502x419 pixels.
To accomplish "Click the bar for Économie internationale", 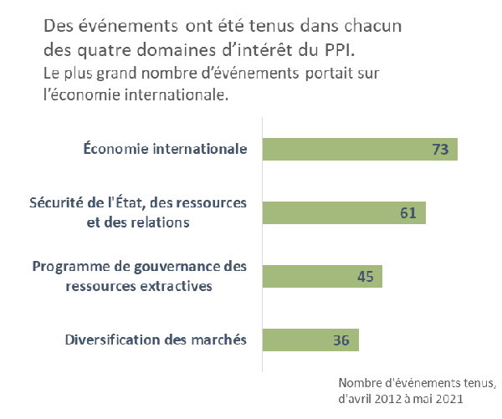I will click(360, 150).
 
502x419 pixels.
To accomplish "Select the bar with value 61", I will click(344, 213).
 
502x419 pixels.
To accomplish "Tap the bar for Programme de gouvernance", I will click(322, 277).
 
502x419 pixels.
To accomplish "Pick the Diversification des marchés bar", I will click(310, 340).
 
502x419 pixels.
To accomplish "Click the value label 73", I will click(441, 150).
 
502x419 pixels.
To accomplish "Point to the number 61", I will click(408, 213).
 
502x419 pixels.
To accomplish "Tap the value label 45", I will click(365, 277).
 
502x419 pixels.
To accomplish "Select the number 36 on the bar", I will click(341, 340).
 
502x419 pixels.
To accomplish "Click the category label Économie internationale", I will click(165, 150).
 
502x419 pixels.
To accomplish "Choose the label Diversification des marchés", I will click(156, 340).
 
